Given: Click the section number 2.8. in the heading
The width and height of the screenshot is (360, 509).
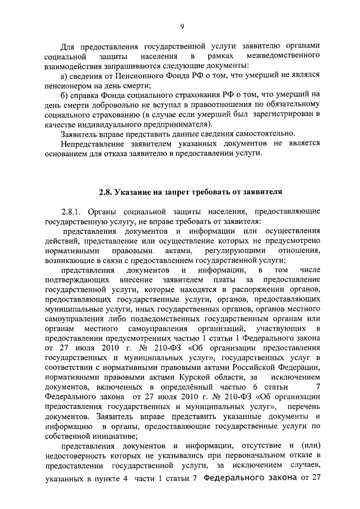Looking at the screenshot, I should pyautogui.click(x=106, y=191).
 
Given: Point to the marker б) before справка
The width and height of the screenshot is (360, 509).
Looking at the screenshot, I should pyautogui.click(x=64, y=96).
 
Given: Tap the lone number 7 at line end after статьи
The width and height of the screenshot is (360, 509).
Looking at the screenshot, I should pyautogui.click(x=318, y=387).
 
